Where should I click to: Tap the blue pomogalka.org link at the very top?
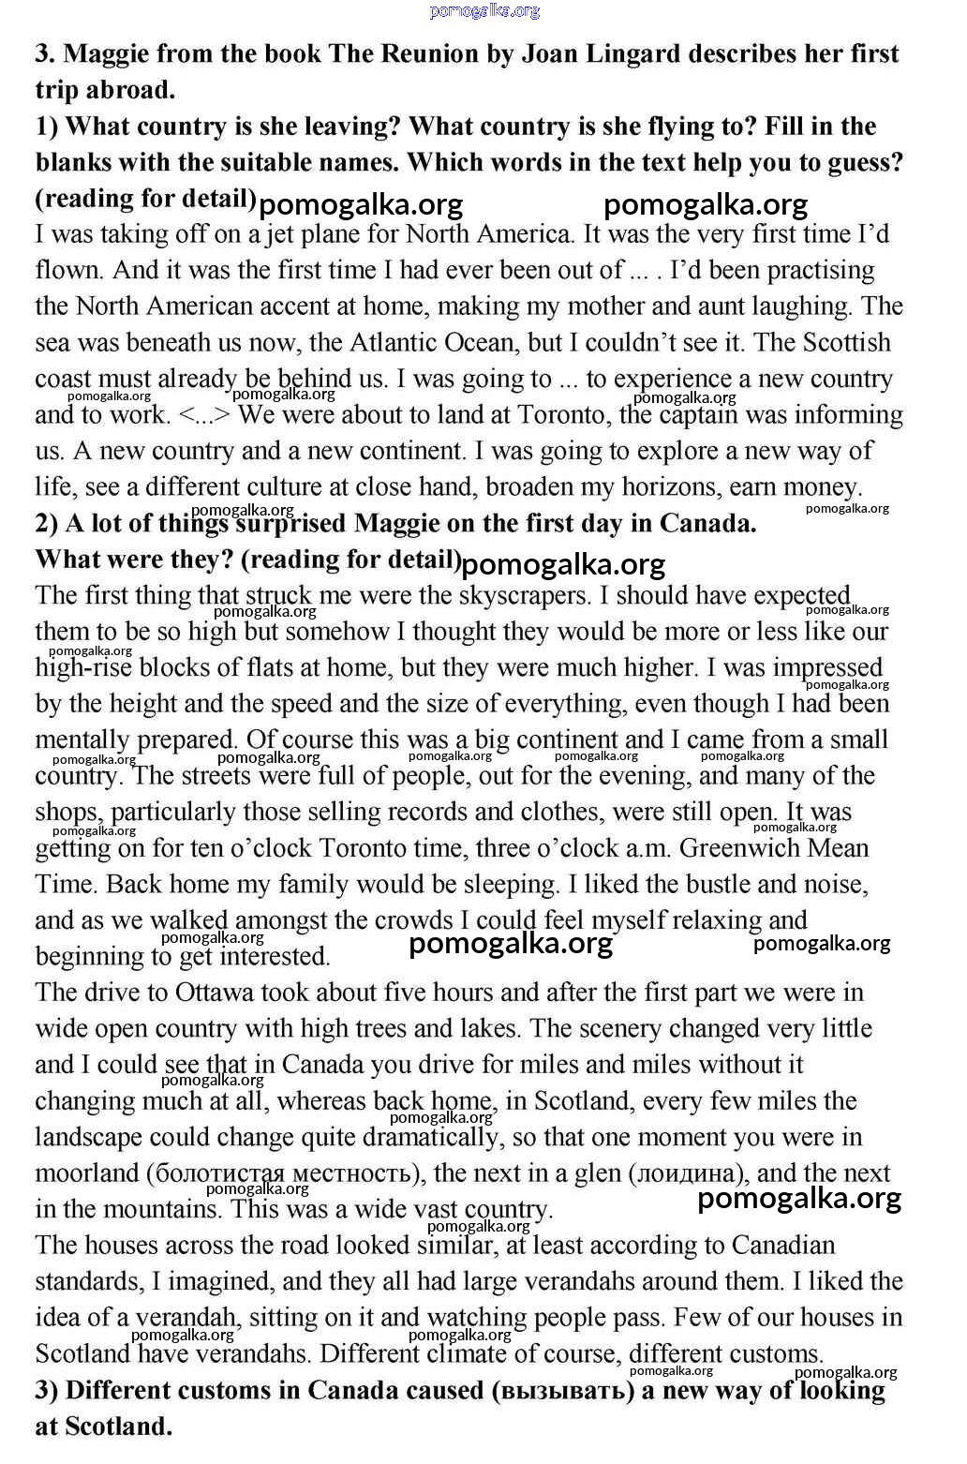point(484,10)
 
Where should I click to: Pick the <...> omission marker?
point(204,415)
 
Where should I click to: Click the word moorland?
point(86,1173)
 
